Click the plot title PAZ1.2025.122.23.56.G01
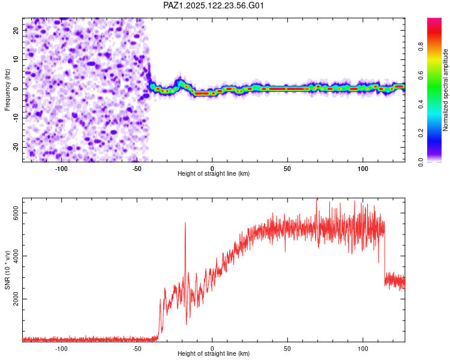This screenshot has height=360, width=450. (214, 5)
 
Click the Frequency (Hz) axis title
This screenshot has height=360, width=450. (8, 89)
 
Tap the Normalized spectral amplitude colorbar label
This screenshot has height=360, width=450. (446, 91)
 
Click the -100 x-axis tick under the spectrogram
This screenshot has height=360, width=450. (61, 169)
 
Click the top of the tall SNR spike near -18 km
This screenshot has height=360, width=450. (185, 223)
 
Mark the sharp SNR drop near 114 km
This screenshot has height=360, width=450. (384, 252)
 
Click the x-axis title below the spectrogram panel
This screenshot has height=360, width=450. (214, 174)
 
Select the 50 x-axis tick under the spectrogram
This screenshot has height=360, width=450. (287, 169)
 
